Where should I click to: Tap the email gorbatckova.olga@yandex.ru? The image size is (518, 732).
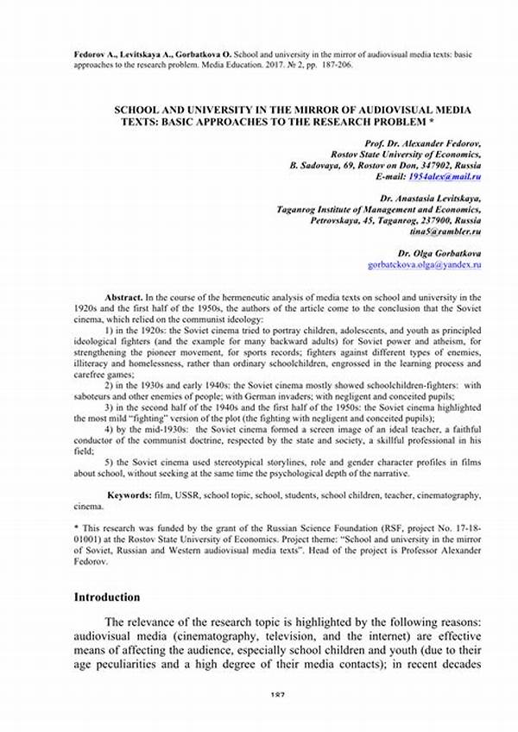pos(424,266)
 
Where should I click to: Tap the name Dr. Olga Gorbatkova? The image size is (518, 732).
pos(439,254)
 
